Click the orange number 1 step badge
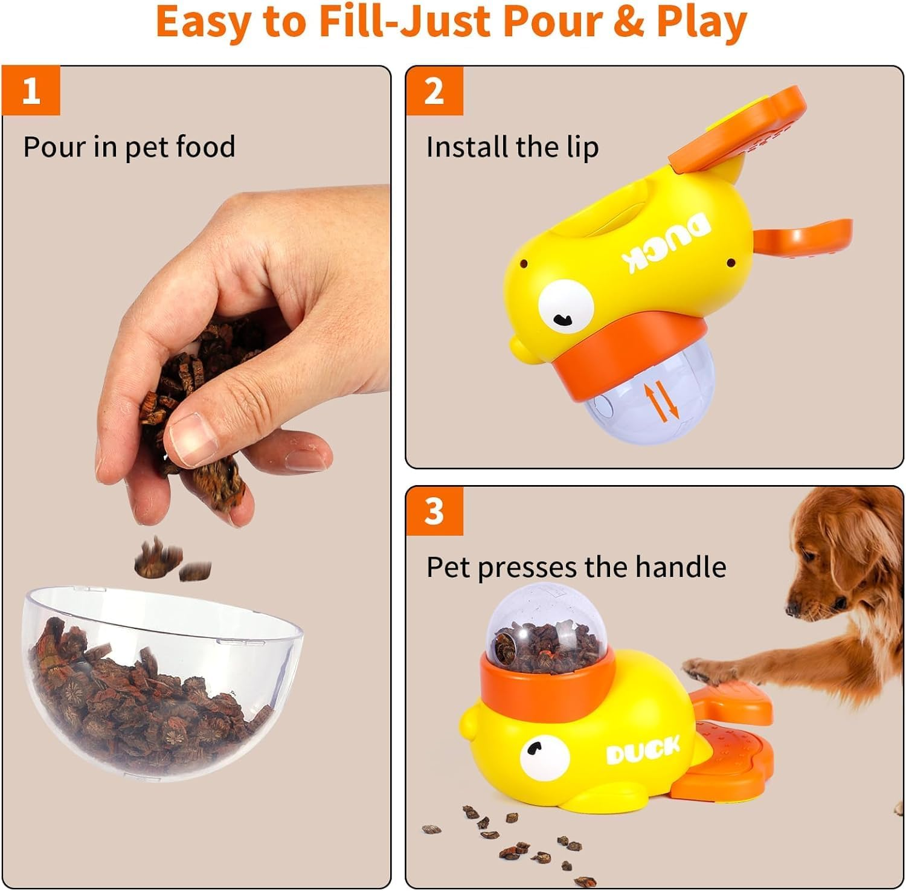coord(31,91)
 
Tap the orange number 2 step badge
coord(434,91)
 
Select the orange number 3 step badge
coord(434,511)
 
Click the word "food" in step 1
coord(205,147)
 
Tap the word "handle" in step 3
coord(680,567)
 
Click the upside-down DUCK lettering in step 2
coord(667,246)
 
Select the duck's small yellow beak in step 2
coord(519,350)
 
